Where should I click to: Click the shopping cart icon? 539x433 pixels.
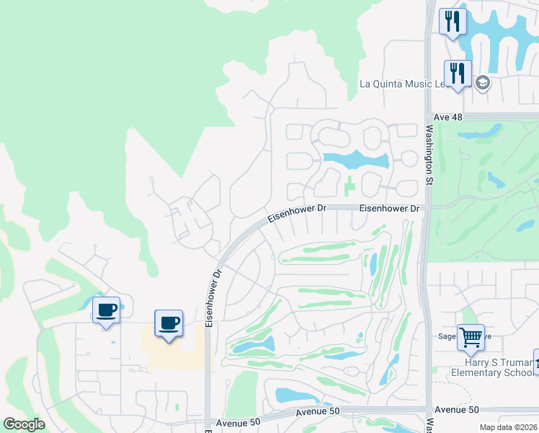click(x=471, y=336)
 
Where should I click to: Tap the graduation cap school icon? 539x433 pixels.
click(x=482, y=83)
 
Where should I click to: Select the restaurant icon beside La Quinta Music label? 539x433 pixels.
click(x=458, y=73)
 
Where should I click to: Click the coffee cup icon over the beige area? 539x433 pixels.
click(x=169, y=323)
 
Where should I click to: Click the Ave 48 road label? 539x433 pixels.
click(x=447, y=116)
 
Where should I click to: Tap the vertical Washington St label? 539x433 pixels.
click(x=428, y=155)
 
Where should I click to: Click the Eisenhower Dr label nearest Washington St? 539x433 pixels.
click(x=389, y=208)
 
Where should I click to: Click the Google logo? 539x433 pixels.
click(x=24, y=424)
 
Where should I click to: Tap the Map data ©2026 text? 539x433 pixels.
click(x=508, y=427)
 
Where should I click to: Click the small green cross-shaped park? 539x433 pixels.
click(x=350, y=186)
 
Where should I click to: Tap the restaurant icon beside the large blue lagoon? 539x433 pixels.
click(x=453, y=21)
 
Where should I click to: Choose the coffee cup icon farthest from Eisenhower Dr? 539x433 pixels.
click(x=106, y=310)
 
